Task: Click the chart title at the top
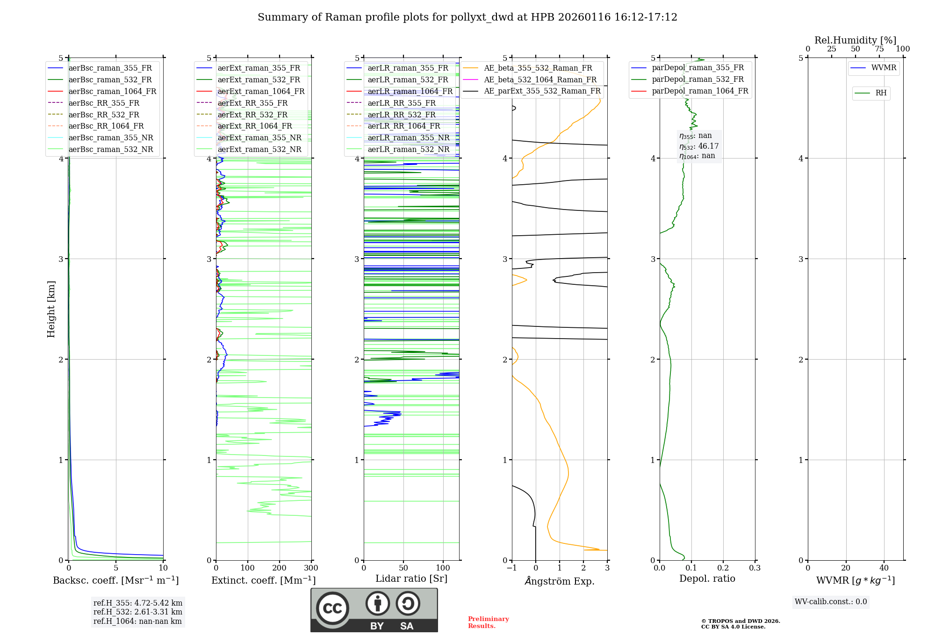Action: tap(467, 17)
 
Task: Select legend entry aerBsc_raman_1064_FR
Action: tap(112, 91)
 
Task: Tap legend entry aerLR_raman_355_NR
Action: tap(408, 137)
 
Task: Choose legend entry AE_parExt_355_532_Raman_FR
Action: tap(542, 91)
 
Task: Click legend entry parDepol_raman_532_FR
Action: tap(698, 79)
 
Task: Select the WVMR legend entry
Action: tap(884, 68)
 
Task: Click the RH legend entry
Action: tap(881, 93)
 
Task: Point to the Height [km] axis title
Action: tap(51, 309)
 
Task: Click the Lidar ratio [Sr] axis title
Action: tap(411, 578)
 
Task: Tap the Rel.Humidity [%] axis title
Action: tap(855, 40)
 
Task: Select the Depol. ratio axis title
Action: tap(707, 578)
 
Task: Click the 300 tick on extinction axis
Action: tap(311, 568)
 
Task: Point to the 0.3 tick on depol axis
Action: tap(755, 568)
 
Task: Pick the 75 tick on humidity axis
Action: tap(879, 49)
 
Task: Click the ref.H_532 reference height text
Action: tap(137, 612)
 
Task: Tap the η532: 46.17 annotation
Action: tap(698, 146)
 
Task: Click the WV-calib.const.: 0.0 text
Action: tap(830, 602)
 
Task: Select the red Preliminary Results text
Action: tap(488, 622)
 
